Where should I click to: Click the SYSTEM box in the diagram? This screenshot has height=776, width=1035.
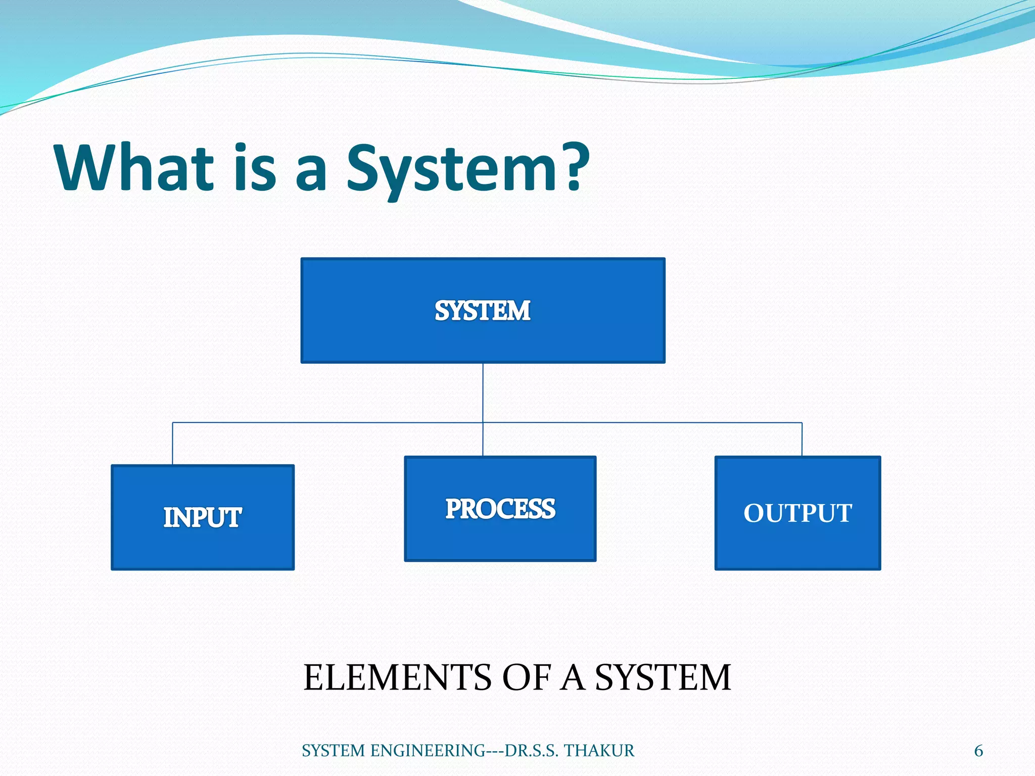point(483,311)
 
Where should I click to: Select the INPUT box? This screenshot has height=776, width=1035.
point(203,517)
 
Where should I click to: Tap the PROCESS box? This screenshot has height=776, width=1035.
point(500,509)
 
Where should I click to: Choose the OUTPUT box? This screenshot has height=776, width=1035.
point(797,513)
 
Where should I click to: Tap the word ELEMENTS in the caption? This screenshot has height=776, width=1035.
point(397,677)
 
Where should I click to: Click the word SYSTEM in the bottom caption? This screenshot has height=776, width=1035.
point(663,677)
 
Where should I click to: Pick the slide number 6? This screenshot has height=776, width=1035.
point(978,751)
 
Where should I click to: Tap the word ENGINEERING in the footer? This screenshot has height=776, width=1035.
point(428,751)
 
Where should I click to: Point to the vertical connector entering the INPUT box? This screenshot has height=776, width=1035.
point(173,444)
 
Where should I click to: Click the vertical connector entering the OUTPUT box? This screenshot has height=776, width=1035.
point(802,439)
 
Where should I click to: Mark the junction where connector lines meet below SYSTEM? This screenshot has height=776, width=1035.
point(483,422)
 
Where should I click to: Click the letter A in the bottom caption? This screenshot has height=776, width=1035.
point(573,677)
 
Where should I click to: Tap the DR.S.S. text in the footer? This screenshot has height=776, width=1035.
point(531,751)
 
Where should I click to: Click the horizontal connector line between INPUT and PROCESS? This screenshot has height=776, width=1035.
point(328,422)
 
